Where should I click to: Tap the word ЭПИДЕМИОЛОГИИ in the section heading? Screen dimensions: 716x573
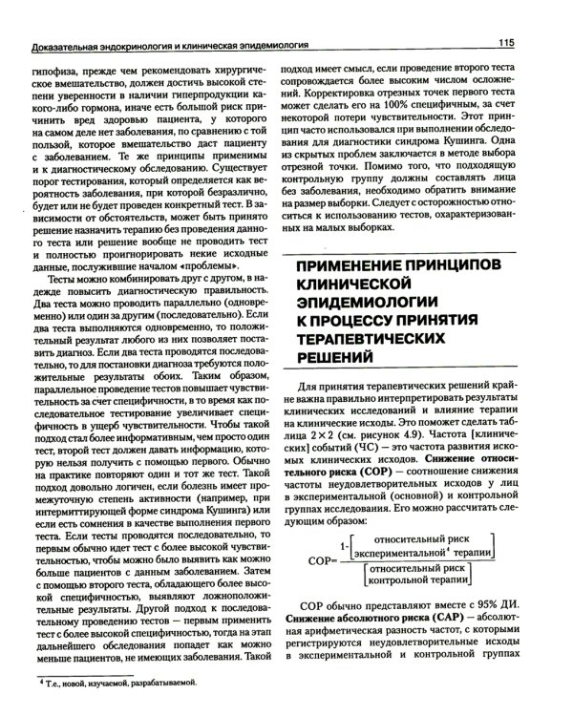click(371, 306)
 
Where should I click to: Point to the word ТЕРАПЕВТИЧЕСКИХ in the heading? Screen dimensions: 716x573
click(375, 350)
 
